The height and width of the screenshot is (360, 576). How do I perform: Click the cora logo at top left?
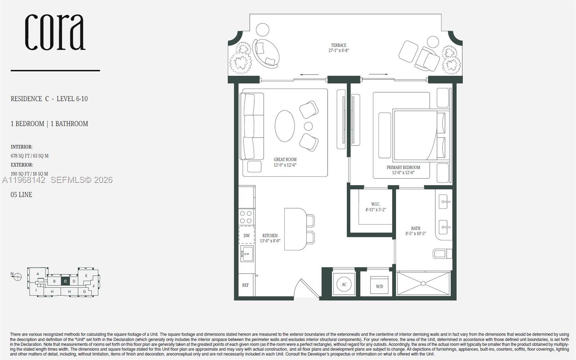(55, 32)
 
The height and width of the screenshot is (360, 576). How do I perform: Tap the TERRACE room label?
(338, 45)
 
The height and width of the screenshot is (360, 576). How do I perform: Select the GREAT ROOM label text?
(285, 159)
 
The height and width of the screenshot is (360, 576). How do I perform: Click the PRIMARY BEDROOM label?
(403, 167)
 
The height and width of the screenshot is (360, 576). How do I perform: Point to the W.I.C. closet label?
(375, 204)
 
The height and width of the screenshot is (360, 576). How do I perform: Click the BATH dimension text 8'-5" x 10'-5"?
(415, 234)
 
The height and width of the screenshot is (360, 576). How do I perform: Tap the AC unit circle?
(344, 284)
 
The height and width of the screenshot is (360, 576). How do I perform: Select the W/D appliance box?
(379, 285)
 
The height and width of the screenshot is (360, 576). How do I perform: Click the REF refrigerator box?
(246, 285)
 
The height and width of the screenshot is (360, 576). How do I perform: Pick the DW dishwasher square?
(247, 235)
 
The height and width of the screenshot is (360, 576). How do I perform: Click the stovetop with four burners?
(246, 217)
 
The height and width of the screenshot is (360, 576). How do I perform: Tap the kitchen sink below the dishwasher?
(247, 254)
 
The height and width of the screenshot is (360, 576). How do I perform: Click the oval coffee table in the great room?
(285, 126)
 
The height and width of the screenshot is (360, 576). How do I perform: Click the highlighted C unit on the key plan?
(65, 281)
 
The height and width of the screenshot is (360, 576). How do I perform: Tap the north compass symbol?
(17, 276)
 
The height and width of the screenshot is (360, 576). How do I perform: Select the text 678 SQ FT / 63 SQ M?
(30, 156)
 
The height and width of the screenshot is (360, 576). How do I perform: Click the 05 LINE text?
(21, 195)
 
